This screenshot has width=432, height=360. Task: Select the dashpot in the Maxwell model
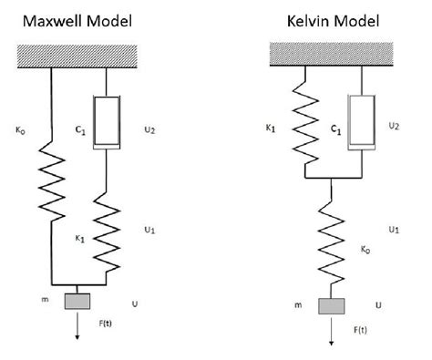pyautogui.click(x=108, y=118)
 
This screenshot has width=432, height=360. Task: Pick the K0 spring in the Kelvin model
pyautogui.click(x=330, y=242)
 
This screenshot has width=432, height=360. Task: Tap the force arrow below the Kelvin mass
pyautogui.click(x=330, y=333)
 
